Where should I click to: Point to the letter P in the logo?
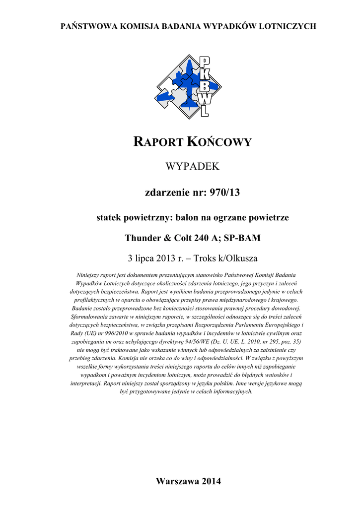pyautogui.click(x=204, y=62)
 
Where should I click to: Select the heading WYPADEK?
pyautogui.click(x=192, y=167)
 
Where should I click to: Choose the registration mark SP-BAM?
pyautogui.click(x=242, y=238)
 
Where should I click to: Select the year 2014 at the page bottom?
pyautogui.click(x=212, y=481)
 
